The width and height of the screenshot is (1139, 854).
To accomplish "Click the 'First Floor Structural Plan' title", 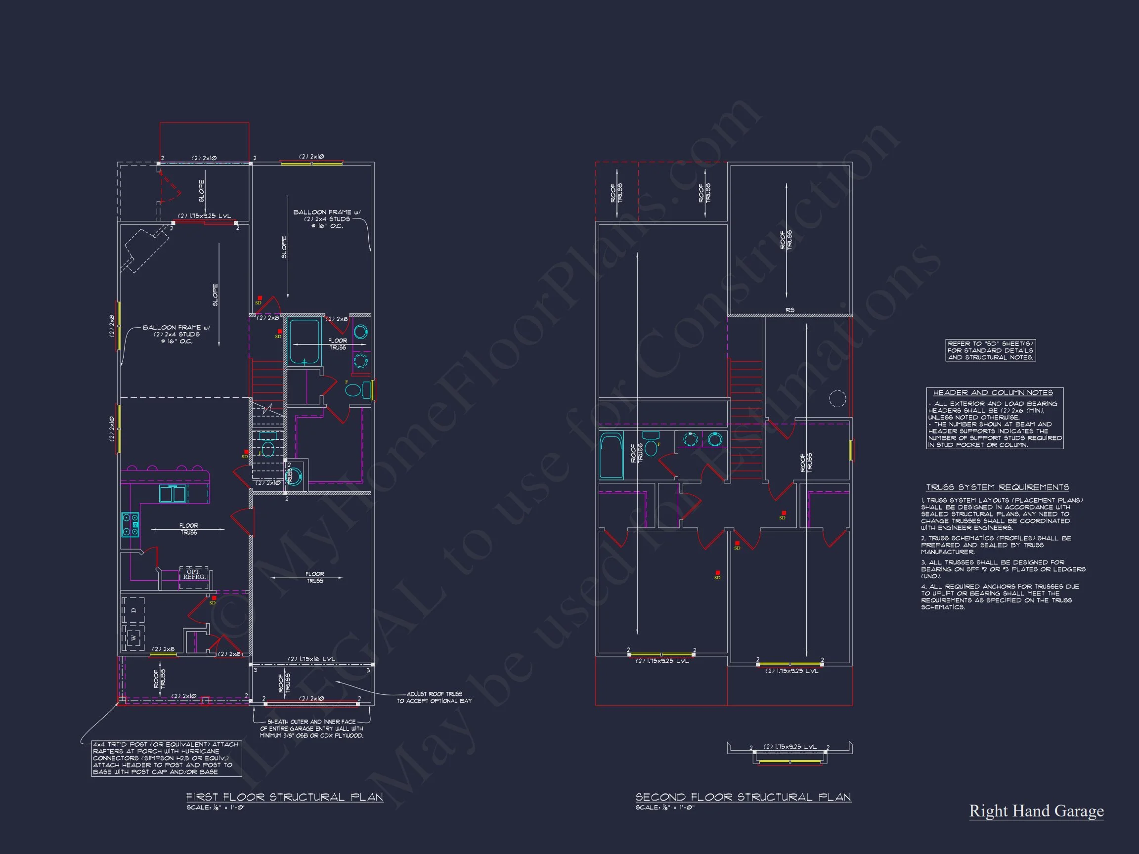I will coord(284,797).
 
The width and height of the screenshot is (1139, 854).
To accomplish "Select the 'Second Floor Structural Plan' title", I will coord(743,797).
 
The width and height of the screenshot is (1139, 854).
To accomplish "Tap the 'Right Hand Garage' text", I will coord(1036,811).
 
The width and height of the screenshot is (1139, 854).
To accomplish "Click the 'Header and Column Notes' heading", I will coord(993,393).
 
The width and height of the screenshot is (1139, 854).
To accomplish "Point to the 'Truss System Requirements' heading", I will coord(998,487).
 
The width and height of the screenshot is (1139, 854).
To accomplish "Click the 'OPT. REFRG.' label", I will coord(194,574).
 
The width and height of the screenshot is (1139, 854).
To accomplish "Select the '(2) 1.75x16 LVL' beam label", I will coord(311,659).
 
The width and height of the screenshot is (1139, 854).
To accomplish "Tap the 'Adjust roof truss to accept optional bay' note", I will coord(434,697).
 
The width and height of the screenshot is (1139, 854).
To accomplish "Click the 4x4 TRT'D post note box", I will coord(166,758).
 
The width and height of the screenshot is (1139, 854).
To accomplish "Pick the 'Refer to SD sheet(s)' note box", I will coord(990,350).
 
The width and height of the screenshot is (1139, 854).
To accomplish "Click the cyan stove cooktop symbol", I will coord(130,524).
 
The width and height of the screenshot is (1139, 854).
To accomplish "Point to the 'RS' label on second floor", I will coord(789,310).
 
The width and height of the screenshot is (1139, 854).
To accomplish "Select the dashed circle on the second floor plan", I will coord(837,398).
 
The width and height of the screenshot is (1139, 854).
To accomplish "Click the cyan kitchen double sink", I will coord(173,494).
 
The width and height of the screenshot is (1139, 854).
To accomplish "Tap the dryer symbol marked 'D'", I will coord(133,610).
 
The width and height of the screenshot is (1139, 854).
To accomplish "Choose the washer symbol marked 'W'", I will coord(133,639).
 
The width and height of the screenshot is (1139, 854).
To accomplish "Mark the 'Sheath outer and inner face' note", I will coord(311,729).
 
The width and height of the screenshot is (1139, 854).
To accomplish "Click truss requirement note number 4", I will coord(999,597).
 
